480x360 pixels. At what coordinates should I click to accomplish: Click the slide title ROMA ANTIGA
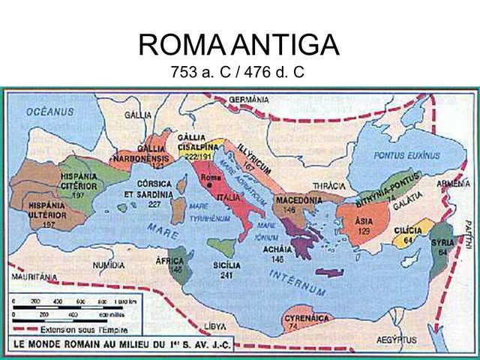click(239, 47)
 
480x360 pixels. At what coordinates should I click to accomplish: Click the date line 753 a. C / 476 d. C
click(239, 76)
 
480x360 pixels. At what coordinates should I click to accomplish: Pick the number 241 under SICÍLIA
click(226, 274)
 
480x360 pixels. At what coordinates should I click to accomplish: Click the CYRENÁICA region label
click(304, 319)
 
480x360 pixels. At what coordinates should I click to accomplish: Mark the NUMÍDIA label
click(108, 265)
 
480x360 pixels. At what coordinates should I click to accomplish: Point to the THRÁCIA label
click(328, 184)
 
